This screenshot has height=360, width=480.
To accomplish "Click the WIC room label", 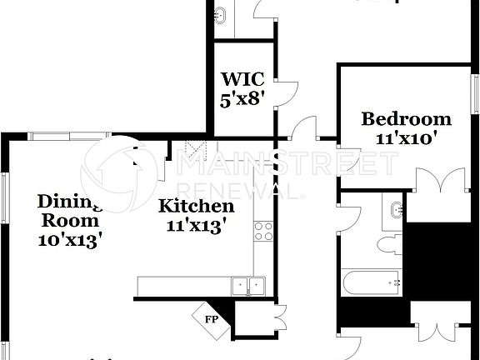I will (x=242, y=80).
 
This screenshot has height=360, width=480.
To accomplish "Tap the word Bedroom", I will (x=406, y=119).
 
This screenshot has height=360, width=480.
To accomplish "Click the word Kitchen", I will (x=197, y=206).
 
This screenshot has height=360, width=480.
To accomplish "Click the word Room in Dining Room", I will (x=71, y=222).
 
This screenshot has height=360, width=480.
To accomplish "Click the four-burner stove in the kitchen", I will (x=263, y=231).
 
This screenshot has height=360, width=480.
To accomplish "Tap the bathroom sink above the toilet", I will (x=394, y=209).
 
